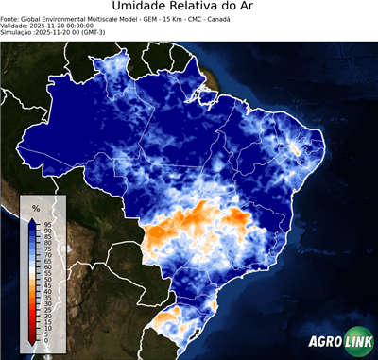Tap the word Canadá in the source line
pos(217,18)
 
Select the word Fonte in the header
pos(11,18)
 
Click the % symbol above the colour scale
pos(35,207)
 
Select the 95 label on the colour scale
pos(47,224)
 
